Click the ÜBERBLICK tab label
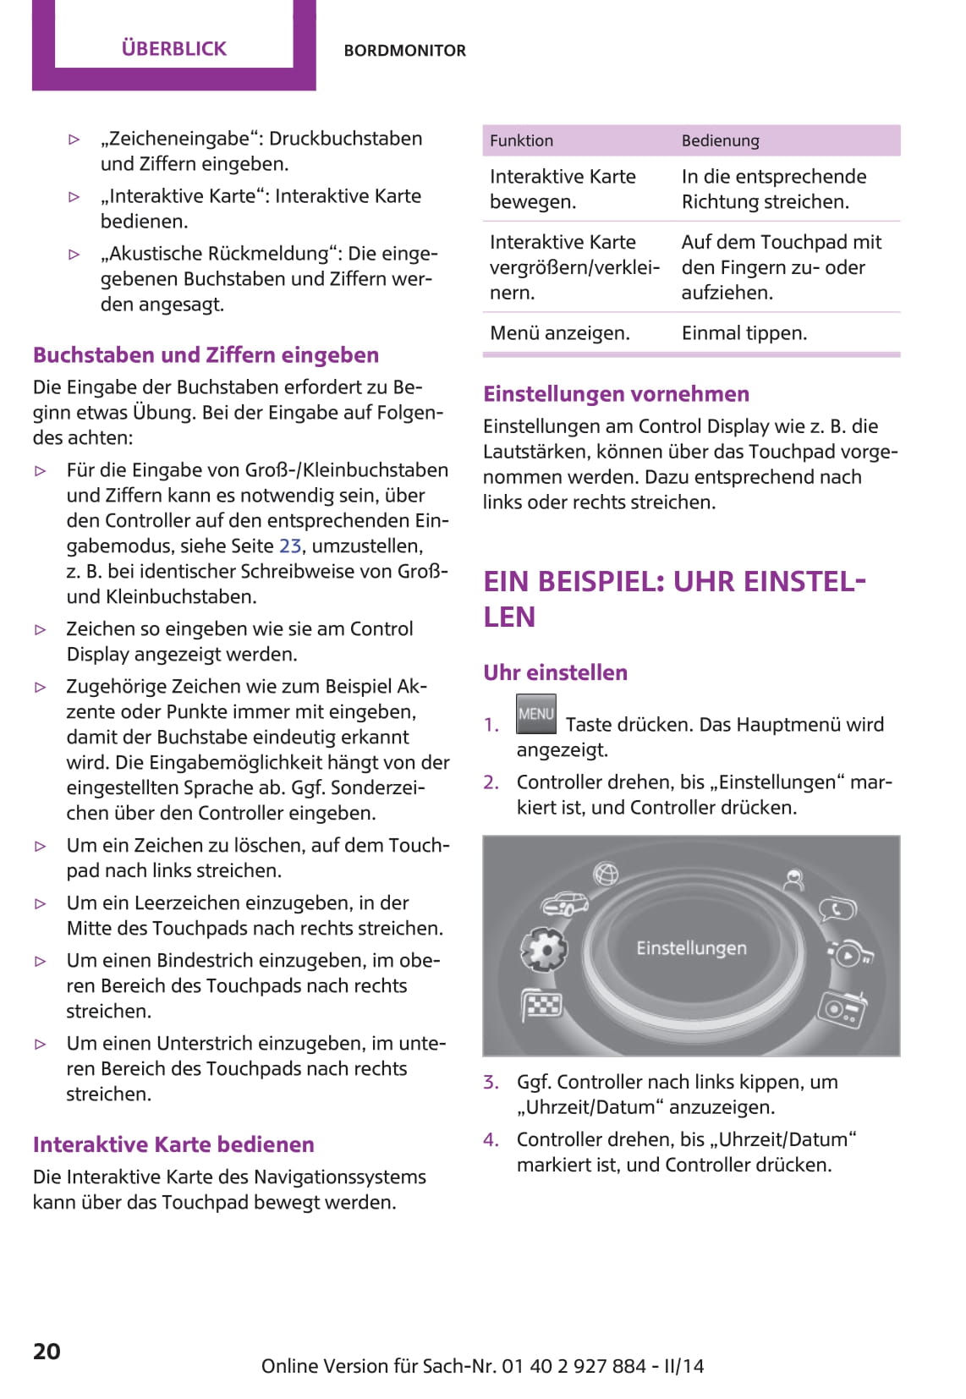tap(173, 48)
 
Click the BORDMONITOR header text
tap(404, 51)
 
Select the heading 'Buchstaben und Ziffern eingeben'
tap(206, 355)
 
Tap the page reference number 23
tap(289, 546)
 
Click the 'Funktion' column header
tap(521, 141)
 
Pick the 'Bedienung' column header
tap(720, 141)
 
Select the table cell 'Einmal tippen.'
tap(744, 333)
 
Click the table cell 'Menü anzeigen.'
tap(559, 333)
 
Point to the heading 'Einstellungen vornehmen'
tap(616, 394)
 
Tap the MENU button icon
tap(536, 714)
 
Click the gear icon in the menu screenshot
tap(545, 949)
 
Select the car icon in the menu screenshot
tap(565, 904)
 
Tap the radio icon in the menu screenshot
tap(842, 1008)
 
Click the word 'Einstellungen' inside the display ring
tap(691, 948)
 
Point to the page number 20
tap(47, 1351)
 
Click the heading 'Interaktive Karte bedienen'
tap(173, 1145)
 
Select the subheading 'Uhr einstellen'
tap(555, 673)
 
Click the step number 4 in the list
tap(491, 1140)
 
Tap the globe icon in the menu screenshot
tap(606, 873)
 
